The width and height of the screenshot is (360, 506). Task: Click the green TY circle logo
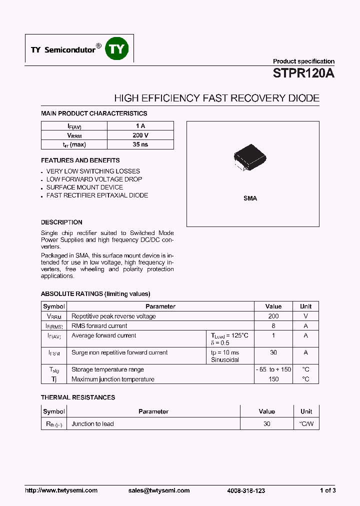point(117,48)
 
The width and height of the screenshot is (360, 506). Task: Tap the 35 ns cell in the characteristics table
point(140,144)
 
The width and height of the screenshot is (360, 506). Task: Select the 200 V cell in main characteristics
point(140,135)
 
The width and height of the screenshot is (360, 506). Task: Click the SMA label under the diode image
point(250,198)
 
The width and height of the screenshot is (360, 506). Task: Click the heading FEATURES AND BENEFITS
point(80,160)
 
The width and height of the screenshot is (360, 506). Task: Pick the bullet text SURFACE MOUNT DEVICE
point(84,187)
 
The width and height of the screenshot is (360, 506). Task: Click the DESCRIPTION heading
point(61,222)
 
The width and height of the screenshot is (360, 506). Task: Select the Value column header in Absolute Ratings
point(273,306)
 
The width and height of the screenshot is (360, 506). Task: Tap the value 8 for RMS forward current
point(273,326)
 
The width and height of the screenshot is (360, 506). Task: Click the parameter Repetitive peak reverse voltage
point(113,316)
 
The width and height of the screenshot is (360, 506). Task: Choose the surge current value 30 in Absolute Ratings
point(273,352)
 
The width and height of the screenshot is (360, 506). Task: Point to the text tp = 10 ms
point(225,352)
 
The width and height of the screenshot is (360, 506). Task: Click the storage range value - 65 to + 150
point(273,369)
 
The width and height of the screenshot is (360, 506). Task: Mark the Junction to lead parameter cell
point(92,424)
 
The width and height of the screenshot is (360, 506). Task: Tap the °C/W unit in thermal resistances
point(306,424)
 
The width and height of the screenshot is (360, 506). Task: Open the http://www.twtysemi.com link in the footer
point(61,490)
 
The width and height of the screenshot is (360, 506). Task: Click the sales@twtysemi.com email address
point(159,490)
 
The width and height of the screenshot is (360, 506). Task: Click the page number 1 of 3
point(328,490)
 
